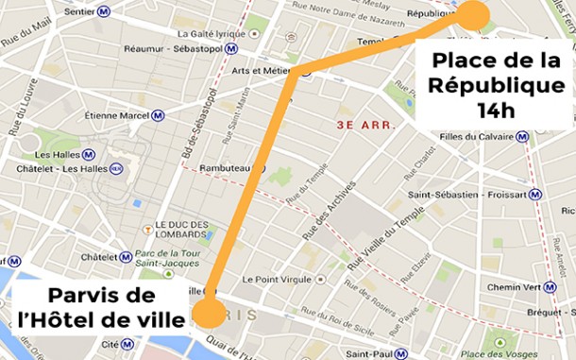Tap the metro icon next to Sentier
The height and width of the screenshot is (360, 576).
coord(103,11)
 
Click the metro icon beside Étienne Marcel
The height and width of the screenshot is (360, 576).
coord(158,117)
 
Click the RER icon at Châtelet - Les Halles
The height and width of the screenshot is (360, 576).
coord(117,168)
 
